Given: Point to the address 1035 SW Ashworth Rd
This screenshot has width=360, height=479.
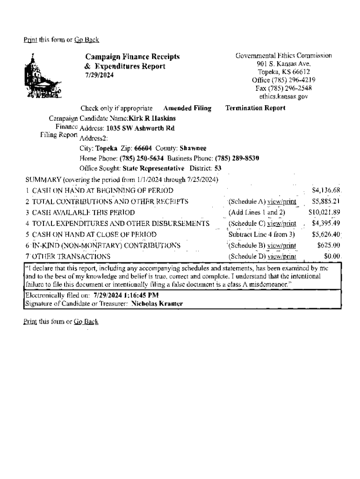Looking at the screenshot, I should click(x=140, y=128).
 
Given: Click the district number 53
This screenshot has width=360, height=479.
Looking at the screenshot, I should click(x=218, y=168).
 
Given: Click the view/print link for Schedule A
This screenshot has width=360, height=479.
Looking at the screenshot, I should click(x=282, y=202).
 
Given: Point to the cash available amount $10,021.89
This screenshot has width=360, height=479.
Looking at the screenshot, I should click(x=324, y=212).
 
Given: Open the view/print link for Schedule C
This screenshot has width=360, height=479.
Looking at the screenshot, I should click(x=282, y=223).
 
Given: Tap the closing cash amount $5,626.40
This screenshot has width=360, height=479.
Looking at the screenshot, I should click(x=326, y=234).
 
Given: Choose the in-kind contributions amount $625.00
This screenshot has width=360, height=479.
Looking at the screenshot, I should click(x=329, y=245).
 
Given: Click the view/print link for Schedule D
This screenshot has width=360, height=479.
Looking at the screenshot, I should click(x=282, y=256).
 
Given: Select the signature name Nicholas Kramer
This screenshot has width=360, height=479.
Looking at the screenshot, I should click(x=157, y=304).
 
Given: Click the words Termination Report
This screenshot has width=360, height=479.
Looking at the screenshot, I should click(x=255, y=108).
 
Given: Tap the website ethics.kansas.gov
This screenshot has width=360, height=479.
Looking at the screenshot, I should click(x=283, y=96).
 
